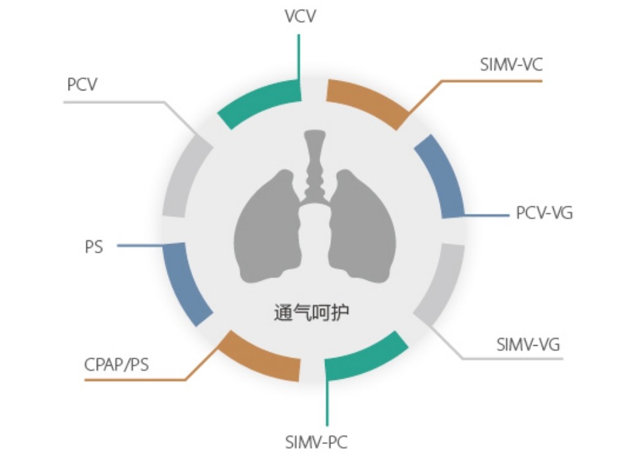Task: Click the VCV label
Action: tap(299, 16)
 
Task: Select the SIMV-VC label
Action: tap(512, 65)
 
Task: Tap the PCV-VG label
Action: tap(544, 214)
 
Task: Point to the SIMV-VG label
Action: tap(528, 344)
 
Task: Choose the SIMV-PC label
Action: tap(316, 441)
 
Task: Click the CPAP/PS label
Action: tap(117, 364)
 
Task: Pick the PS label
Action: tap(94, 247)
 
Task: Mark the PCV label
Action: tap(82, 86)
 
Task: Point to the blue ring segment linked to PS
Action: tap(184, 284)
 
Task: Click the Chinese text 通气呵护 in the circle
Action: tap(311, 312)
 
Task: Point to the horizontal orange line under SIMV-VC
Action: tap(491, 81)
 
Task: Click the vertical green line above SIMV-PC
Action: tap(326, 402)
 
